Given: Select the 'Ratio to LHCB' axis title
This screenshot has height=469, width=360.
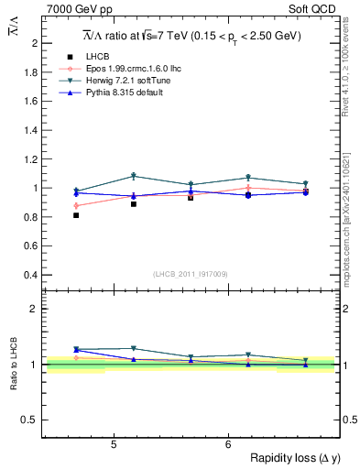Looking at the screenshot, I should [14, 365].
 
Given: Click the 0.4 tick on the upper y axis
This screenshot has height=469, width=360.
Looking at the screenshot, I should [29, 275].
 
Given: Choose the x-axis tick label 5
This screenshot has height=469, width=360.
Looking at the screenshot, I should [113, 445].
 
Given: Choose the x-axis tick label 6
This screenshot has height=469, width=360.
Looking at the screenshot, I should [227, 445].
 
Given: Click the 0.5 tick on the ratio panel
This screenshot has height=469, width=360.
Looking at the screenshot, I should [29, 420].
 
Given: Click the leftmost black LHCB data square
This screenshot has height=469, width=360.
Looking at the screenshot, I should [76, 215].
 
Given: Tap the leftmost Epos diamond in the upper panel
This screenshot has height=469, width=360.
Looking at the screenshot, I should [76, 206].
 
